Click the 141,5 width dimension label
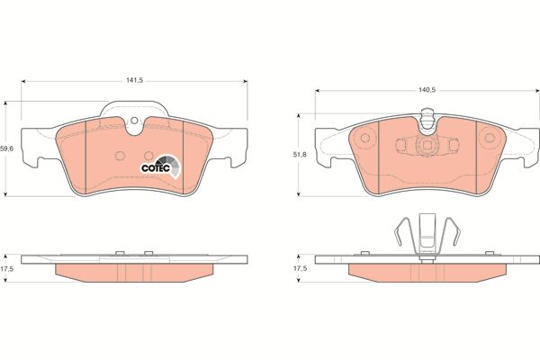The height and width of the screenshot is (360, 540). pos(134,81)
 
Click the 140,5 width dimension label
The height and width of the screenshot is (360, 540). pos(427,90)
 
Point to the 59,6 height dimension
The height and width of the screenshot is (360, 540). pos(6,148)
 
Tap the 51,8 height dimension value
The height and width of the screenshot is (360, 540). pos(300,155)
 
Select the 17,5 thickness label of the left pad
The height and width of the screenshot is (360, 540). pos(6,269)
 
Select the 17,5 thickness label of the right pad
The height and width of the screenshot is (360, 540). pos(300,268)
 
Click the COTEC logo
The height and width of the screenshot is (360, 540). pos(160,166)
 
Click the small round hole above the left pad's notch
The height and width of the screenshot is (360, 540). pos(134,121)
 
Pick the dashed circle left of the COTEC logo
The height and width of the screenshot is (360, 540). pos(120,156)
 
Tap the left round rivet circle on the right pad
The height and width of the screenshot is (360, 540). pos(365,138)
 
